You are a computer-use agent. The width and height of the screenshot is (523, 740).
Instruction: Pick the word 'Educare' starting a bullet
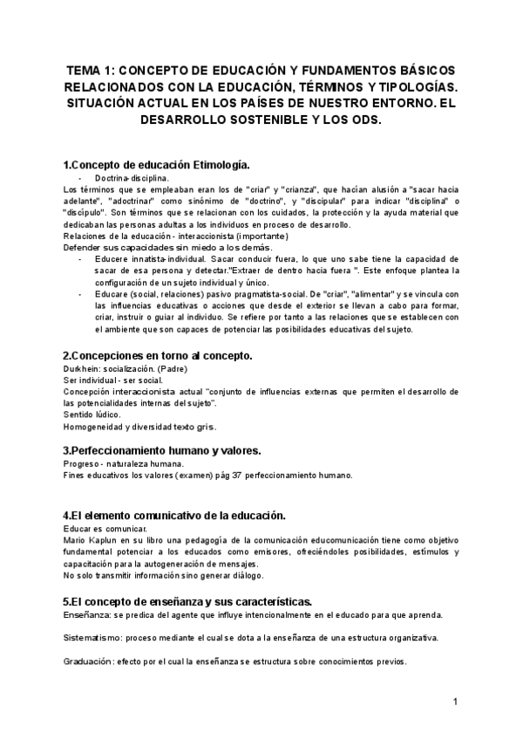click(109, 296)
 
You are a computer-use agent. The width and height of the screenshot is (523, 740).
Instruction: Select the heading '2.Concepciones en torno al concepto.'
click(158, 355)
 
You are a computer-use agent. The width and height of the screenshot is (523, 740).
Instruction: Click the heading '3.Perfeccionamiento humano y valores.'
click(162, 450)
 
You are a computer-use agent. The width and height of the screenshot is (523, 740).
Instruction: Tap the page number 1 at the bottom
click(454, 702)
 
